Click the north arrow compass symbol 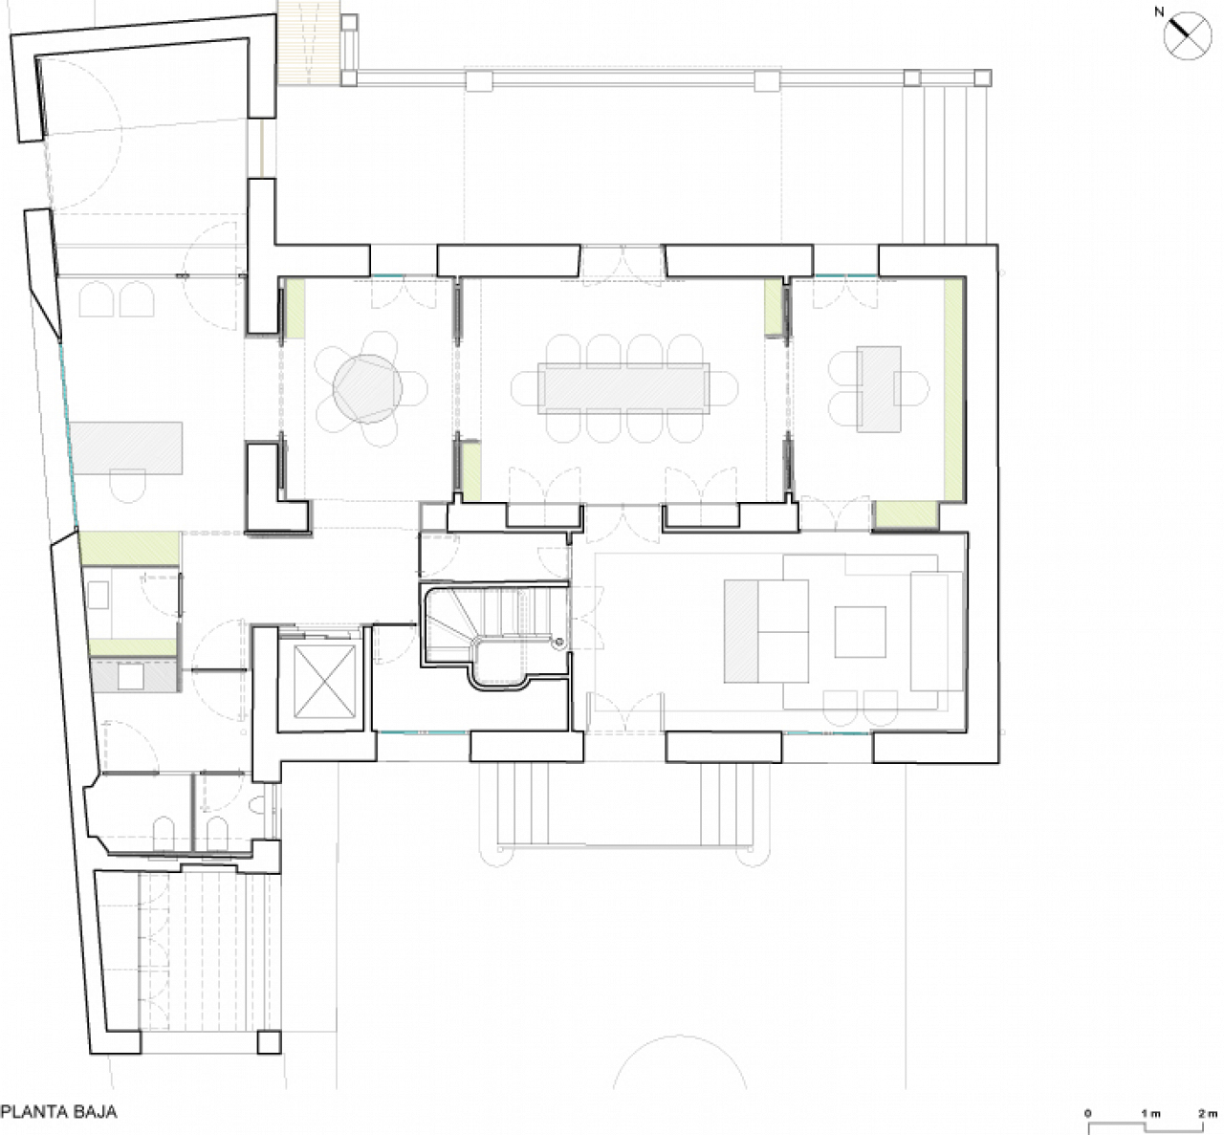[1188, 36]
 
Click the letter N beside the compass [1159, 12]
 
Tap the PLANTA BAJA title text [59, 1112]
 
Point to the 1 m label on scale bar [1150, 1114]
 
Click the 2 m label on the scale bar [1208, 1114]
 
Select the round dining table [368, 389]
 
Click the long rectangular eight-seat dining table [623, 388]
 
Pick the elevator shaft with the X [325, 682]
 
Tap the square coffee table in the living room [861, 632]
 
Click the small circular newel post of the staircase [559, 643]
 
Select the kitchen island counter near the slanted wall [126, 447]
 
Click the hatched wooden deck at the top [308, 43]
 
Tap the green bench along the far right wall [952, 389]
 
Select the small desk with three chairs [878, 389]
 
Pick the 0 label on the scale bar [1088, 1114]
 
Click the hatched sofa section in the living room [741, 631]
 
